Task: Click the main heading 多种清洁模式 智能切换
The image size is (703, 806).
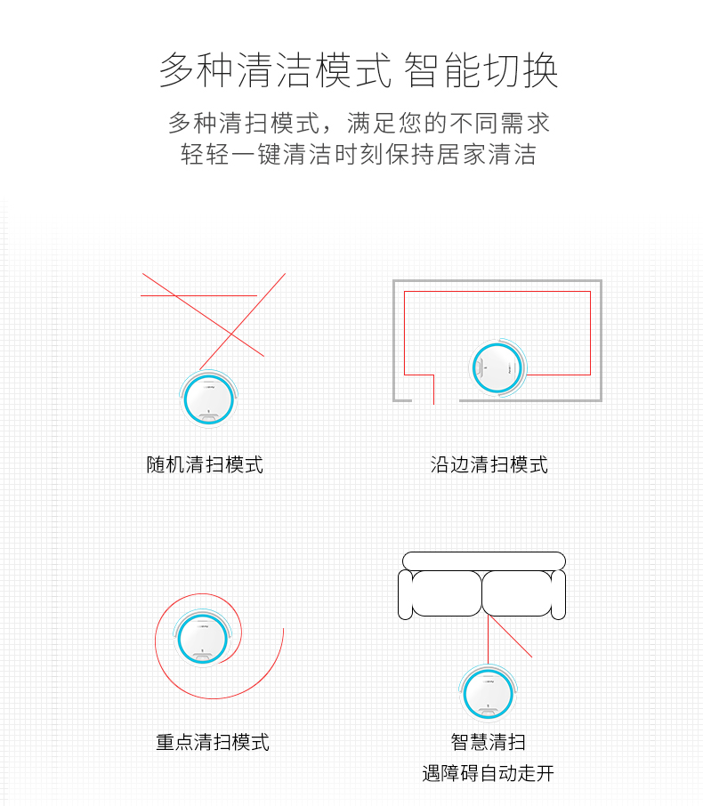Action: (359, 70)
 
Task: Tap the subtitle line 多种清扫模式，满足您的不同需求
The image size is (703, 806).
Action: (359, 124)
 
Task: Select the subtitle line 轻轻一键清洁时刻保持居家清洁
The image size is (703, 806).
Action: (359, 154)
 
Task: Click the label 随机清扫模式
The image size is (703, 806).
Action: (205, 464)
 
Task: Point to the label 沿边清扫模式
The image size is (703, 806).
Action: (489, 464)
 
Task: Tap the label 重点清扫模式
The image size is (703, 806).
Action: (213, 742)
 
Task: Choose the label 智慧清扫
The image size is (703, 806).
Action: (488, 742)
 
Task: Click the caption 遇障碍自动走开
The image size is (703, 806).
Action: (488, 773)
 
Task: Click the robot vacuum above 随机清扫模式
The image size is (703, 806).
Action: (209, 399)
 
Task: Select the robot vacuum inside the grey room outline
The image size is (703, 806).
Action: (498, 367)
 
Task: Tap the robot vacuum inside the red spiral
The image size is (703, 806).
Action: (203, 638)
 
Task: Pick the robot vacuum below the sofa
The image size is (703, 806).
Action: (488, 694)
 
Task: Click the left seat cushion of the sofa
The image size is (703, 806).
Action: (447, 593)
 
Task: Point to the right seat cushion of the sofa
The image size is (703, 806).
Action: (517, 593)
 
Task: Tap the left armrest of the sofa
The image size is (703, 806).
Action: (405, 595)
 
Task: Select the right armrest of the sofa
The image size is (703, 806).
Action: (559, 595)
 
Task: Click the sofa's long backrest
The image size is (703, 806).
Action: (484, 560)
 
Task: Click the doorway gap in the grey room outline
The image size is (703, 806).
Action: (435, 400)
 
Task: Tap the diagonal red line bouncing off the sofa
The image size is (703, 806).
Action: (510, 636)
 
